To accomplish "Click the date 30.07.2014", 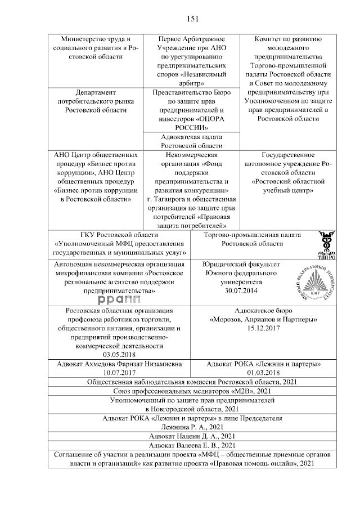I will [x=240, y=290].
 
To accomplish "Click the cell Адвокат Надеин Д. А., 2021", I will [x=192, y=436].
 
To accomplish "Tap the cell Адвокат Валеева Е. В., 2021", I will [x=192, y=445].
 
